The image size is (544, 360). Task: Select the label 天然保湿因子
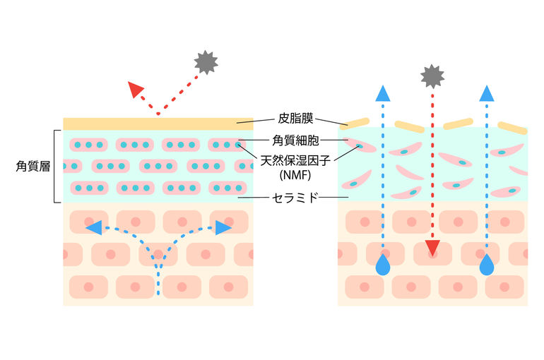[295, 160]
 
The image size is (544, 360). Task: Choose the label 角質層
[32, 167]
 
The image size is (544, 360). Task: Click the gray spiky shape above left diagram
[206, 63]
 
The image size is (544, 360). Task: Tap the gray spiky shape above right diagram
[432, 76]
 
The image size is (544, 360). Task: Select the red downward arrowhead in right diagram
[432, 248]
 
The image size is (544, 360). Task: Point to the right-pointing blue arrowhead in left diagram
[223, 227]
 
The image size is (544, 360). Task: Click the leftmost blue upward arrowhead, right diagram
[383, 93]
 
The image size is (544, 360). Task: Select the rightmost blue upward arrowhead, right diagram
[486, 93]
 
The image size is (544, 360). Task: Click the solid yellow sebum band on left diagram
[158, 124]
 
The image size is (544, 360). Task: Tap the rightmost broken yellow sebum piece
[512, 128]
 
